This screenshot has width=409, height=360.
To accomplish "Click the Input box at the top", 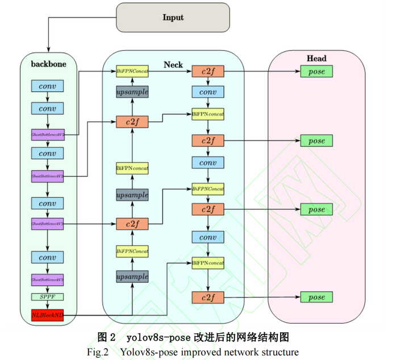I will (173, 17).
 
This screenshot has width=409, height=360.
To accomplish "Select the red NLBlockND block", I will (47, 315).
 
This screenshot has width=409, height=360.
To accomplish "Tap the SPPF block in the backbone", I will (47, 297).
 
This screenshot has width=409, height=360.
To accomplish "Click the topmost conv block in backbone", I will (47, 86).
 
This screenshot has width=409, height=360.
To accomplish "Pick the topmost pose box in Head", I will (316, 72).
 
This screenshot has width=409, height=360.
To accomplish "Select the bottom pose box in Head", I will (316, 297).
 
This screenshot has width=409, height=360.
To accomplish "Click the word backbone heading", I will (48, 64).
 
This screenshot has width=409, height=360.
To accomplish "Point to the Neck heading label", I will (173, 65).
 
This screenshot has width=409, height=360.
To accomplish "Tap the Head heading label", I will (316, 59).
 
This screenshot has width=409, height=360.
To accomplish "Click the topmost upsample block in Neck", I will (132, 92).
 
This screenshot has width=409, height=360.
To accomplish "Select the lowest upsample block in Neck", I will (132, 277).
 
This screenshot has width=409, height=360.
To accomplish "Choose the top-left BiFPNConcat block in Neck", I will (132, 72).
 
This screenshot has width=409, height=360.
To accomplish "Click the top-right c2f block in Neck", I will (208, 72).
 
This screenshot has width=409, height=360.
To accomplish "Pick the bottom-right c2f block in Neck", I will (208, 297).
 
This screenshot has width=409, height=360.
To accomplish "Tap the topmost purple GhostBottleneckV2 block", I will (47, 135).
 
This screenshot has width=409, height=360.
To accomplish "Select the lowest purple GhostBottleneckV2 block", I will (47, 280).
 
